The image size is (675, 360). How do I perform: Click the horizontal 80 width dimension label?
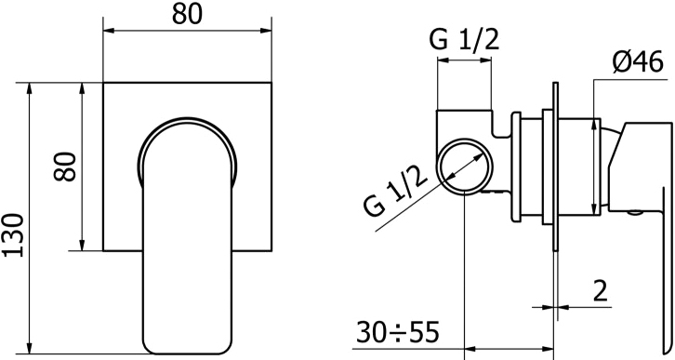[x=187, y=15]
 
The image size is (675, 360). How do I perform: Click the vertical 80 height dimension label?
[x=66, y=167]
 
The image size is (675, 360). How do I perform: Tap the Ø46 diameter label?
[x=638, y=63]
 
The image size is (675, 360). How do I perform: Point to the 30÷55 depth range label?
[x=397, y=332]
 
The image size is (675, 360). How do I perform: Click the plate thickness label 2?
[x=600, y=291]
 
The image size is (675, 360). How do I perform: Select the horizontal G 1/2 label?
[x=464, y=41]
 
